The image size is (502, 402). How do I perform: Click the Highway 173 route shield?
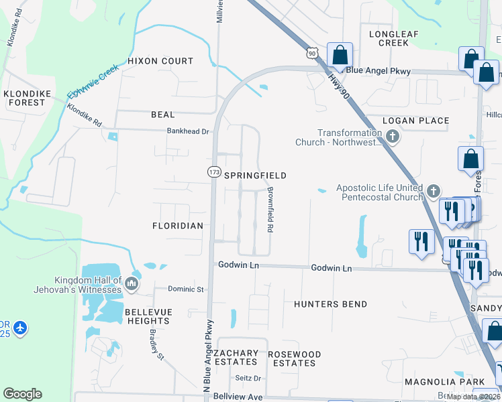click(214, 172)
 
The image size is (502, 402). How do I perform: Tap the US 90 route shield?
click(311, 52)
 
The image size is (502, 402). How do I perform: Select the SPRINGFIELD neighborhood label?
click(255, 176)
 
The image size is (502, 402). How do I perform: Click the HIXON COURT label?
click(160, 61)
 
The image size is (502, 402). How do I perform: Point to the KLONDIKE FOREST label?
click(26, 98)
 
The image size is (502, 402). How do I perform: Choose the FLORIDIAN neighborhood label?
click(177, 226)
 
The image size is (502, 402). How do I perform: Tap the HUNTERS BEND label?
click(330, 304)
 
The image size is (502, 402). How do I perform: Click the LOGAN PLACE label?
click(415, 121)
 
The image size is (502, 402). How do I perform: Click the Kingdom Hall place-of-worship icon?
click(132, 284)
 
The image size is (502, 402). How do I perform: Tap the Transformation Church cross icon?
click(393, 137)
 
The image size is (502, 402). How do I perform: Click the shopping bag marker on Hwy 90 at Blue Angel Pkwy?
click(340, 55)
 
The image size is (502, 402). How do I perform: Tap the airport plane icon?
click(20, 328)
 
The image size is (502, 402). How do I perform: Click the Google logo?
click(23, 394)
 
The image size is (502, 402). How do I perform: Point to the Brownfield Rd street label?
click(270, 210)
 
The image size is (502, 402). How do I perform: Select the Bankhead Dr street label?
click(189, 131)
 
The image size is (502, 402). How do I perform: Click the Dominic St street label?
click(185, 289)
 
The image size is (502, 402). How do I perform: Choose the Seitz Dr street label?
click(248, 378)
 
